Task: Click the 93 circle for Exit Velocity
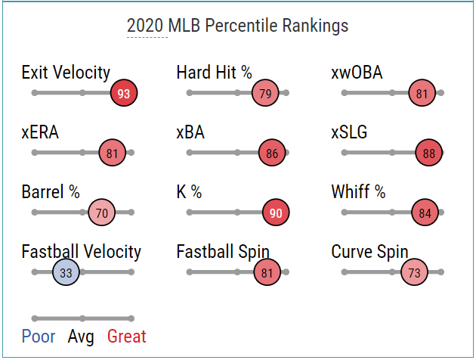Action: point(124,93)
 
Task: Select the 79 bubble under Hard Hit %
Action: point(265,93)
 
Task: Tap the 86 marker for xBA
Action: point(272,153)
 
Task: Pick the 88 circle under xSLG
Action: point(429,153)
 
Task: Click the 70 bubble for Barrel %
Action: point(102,213)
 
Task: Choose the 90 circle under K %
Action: point(276,213)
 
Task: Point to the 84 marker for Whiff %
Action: point(425,213)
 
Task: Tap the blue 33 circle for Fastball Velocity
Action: point(66,272)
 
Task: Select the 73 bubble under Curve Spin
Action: point(414,272)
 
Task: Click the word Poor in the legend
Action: point(39,337)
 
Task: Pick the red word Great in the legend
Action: point(127,337)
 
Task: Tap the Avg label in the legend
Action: point(81,337)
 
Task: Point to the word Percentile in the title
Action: point(241,26)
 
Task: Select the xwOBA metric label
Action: point(357,73)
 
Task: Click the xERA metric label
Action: point(40,132)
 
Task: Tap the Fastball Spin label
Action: point(223,252)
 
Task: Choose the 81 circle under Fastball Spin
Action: point(267,272)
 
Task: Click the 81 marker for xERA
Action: point(113,153)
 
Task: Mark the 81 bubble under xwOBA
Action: point(422,93)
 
